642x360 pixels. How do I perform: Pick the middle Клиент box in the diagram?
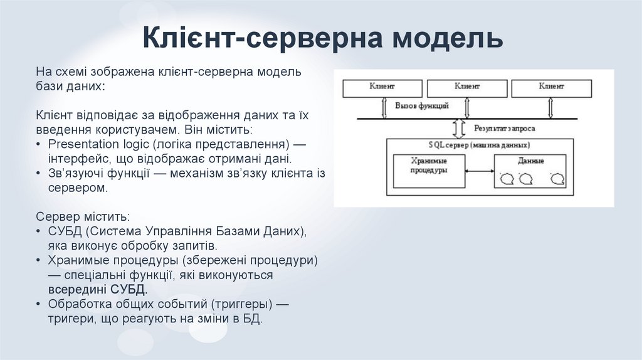pos(466,88)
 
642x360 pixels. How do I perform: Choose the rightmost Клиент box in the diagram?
pos(551,88)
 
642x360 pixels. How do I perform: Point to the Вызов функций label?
pos(421,106)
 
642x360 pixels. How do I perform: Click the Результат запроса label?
pos(504,128)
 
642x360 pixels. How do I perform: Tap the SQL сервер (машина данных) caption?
pos(480,145)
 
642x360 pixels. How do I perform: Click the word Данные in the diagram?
pos(530,161)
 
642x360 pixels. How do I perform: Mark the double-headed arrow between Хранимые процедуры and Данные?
pos(480,171)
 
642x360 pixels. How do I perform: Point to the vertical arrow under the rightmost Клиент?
pos(551,108)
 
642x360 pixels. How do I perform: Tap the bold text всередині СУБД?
pos(98,290)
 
